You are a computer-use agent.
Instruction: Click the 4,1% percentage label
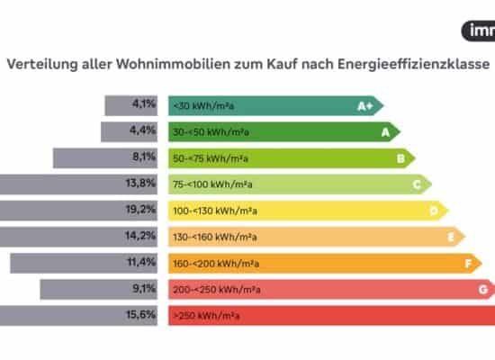[144, 105]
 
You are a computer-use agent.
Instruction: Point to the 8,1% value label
[144, 157]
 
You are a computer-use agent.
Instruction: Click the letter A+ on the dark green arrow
[365, 106]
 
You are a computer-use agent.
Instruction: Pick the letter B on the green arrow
[400, 158]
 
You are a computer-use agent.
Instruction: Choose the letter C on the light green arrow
[417, 184]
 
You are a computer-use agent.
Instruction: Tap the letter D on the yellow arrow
[433, 211]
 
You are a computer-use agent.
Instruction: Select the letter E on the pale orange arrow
[450, 237]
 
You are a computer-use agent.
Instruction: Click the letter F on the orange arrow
[466, 264]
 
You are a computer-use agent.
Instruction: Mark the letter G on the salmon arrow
[482, 290]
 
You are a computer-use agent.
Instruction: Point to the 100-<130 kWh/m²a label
[213, 211]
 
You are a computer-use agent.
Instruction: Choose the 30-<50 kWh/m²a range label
[211, 132]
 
